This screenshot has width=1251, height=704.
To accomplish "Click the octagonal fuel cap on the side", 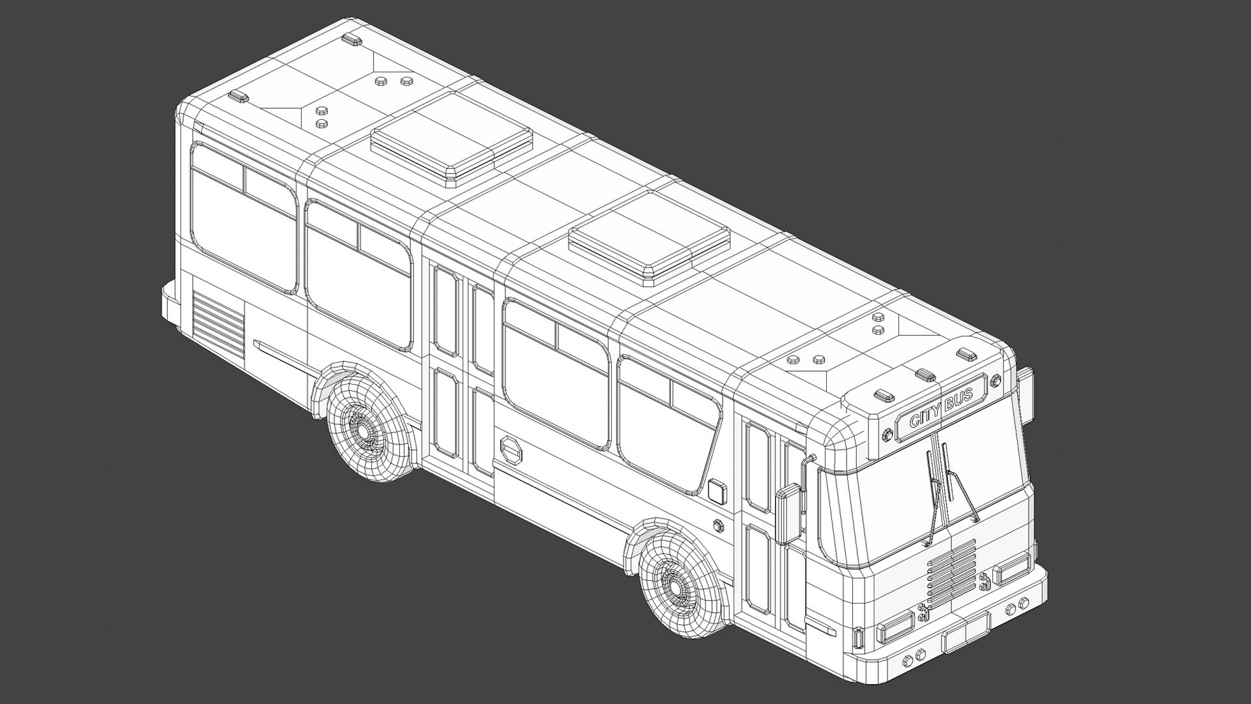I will (x=510, y=451).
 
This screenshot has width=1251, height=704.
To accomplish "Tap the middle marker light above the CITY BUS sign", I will (x=925, y=375).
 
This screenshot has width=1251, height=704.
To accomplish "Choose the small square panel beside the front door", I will (x=716, y=491).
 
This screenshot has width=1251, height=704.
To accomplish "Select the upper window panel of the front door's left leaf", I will (x=758, y=467).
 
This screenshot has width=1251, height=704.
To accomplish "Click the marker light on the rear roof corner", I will (x=238, y=96).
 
